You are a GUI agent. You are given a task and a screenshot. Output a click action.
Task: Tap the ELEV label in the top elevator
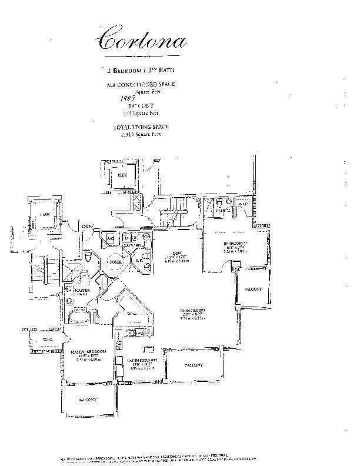tap(123, 175)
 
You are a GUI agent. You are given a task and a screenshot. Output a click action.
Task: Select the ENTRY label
tap(88, 225)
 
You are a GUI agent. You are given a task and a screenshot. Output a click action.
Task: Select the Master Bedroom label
tap(83, 352)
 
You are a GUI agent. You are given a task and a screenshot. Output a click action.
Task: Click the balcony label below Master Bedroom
tap(86, 400)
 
